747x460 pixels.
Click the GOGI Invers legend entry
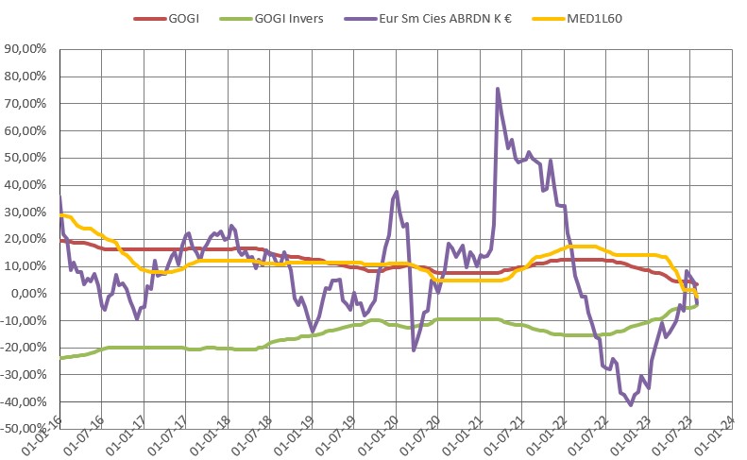(x=289, y=18)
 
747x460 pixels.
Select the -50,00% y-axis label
(x=29, y=429)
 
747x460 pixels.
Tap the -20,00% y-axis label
(x=29, y=348)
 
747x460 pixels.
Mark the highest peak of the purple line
(x=498, y=89)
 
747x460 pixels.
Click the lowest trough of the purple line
(x=631, y=404)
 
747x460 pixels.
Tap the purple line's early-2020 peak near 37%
(x=397, y=192)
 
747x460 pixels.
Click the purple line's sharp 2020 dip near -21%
(x=414, y=350)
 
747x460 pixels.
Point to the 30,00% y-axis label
(x=31, y=213)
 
